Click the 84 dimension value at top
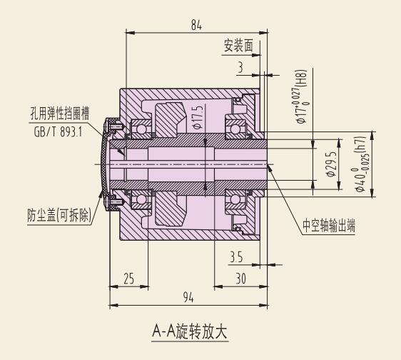tap(196, 26)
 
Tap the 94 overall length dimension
tap(188, 298)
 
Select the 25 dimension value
tap(128, 279)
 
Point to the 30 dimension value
tap(240, 279)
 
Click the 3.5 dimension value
tap(236, 257)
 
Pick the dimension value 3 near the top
tap(240, 68)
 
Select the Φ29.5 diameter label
tap(331, 164)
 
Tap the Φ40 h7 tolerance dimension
tap(361, 164)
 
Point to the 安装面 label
tap(238, 46)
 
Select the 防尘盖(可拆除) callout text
tap(59, 215)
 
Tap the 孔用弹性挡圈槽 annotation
tap(60, 114)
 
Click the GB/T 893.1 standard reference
tap(58, 132)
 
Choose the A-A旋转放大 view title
tap(190, 332)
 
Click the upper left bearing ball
tap(141, 129)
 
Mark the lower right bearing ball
tap(235, 199)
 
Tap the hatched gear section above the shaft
tap(170, 119)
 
